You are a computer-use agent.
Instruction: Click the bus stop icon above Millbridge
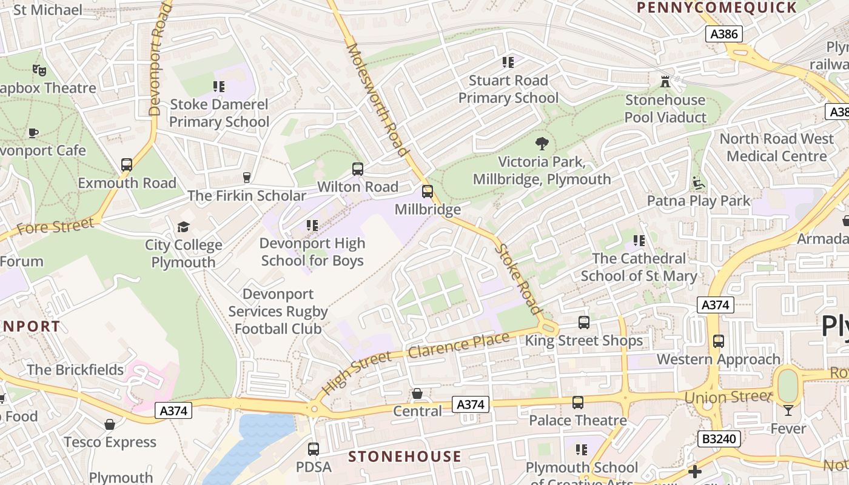(x=428, y=192)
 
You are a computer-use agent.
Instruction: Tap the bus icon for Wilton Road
(x=358, y=169)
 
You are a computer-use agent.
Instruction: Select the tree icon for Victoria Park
(x=542, y=144)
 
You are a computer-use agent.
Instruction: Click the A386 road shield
(x=724, y=34)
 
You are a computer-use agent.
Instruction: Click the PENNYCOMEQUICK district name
(x=716, y=8)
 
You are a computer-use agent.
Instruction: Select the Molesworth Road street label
(x=376, y=99)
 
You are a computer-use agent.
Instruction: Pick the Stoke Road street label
(x=518, y=279)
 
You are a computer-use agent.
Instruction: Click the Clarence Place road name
(x=458, y=346)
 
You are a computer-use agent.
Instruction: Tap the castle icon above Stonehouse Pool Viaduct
(x=665, y=81)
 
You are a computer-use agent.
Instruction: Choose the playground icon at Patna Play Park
(x=698, y=182)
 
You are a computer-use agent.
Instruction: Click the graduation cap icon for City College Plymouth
(x=183, y=227)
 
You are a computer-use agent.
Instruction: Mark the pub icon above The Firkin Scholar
(x=246, y=177)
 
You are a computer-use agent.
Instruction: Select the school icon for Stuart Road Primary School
(x=508, y=62)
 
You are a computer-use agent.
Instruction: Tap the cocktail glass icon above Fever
(x=788, y=410)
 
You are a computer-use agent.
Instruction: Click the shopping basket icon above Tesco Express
(x=110, y=424)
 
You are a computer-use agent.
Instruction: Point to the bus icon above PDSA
(x=314, y=449)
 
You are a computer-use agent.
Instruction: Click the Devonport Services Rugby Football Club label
(x=278, y=312)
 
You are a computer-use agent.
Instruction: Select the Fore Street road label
(x=56, y=227)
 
